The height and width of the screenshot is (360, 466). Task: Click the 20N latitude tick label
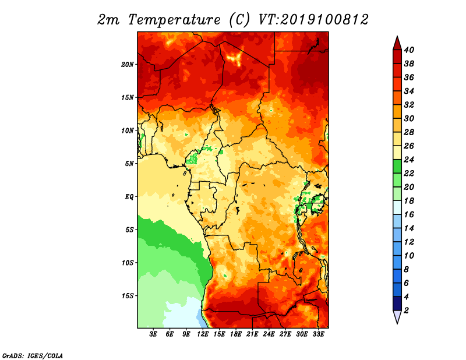point(127,65)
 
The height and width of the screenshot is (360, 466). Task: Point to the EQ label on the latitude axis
point(129,197)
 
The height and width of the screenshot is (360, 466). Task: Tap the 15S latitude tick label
point(128,296)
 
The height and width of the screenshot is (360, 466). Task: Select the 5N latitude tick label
point(129,164)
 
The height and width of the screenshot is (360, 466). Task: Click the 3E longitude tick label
point(153,334)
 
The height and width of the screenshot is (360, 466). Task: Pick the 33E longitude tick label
point(318,334)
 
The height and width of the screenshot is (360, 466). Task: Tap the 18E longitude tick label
point(236,334)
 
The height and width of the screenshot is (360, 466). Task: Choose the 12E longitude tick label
point(203,334)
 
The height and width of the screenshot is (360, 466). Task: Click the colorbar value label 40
point(409,50)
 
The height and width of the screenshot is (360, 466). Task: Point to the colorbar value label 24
point(409,160)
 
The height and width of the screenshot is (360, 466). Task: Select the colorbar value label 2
point(407,310)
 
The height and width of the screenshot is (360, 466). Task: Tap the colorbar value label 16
point(409,214)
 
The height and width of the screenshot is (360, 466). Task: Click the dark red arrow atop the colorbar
point(397,43)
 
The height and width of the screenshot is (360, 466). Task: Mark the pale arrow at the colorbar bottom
point(397,317)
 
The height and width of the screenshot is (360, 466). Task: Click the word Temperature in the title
point(174,20)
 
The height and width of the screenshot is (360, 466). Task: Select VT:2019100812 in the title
point(313,20)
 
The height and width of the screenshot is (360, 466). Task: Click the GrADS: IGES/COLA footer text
point(33,356)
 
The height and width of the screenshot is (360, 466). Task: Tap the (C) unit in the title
point(239,20)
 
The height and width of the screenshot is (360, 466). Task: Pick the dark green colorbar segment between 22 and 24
point(397,167)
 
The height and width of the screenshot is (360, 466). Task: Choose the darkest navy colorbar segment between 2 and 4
point(397,304)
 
